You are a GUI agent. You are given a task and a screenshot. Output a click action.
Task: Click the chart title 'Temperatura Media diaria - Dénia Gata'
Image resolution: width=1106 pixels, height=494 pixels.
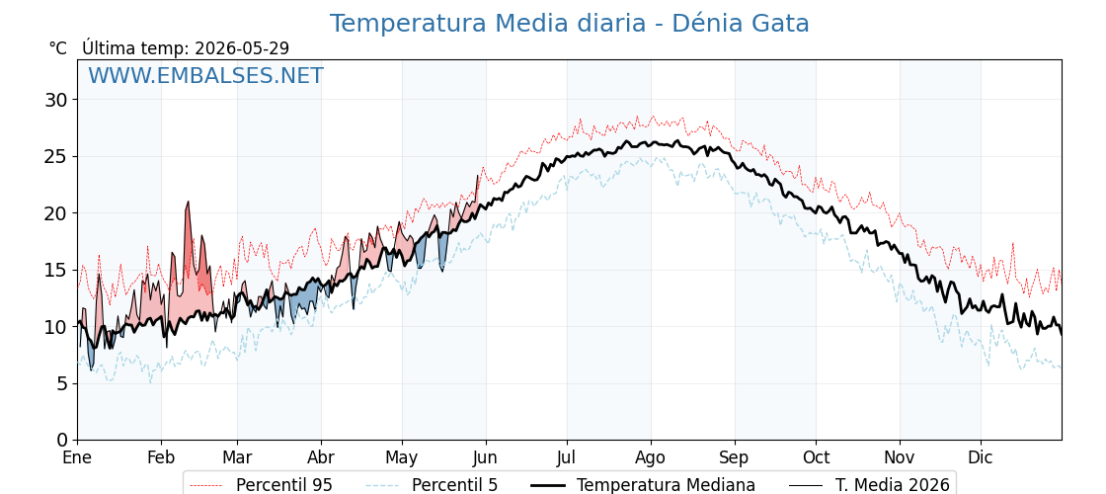point(569,24)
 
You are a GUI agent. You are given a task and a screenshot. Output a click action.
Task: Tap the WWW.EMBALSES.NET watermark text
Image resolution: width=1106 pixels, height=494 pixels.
point(206,75)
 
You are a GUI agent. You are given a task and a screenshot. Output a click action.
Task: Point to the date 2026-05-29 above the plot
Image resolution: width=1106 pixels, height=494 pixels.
point(242,48)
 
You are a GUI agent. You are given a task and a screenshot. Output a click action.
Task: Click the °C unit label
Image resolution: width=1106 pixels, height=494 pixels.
point(58,48)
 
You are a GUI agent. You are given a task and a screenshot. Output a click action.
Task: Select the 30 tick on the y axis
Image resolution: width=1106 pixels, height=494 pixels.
point(55,100)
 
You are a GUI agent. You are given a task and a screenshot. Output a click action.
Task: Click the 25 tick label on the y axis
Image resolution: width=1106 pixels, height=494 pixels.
point(55,156)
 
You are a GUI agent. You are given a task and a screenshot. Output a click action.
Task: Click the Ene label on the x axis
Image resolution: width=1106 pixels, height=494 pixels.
point(77,457)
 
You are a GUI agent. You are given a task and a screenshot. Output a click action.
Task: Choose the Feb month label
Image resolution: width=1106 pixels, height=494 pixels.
point(161,457)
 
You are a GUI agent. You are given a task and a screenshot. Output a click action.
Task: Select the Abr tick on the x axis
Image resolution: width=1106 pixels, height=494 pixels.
point(321,457)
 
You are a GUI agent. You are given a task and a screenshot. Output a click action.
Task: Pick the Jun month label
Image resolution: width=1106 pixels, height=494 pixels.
point(485,457)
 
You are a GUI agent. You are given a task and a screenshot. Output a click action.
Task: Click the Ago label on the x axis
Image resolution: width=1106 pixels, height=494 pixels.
point(651,457)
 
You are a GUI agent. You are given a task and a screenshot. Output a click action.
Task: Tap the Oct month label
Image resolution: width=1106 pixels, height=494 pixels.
point(816,457)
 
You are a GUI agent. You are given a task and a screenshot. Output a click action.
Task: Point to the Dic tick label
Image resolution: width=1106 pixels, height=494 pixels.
point(980,457)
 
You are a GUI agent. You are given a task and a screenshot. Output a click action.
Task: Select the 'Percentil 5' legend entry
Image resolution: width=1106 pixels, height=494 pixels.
point(433,485)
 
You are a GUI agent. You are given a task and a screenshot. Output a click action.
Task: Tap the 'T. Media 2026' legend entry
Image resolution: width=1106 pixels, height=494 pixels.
point(870,485)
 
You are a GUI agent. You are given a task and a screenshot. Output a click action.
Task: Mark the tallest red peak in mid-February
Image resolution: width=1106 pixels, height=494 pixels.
point(188,203)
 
